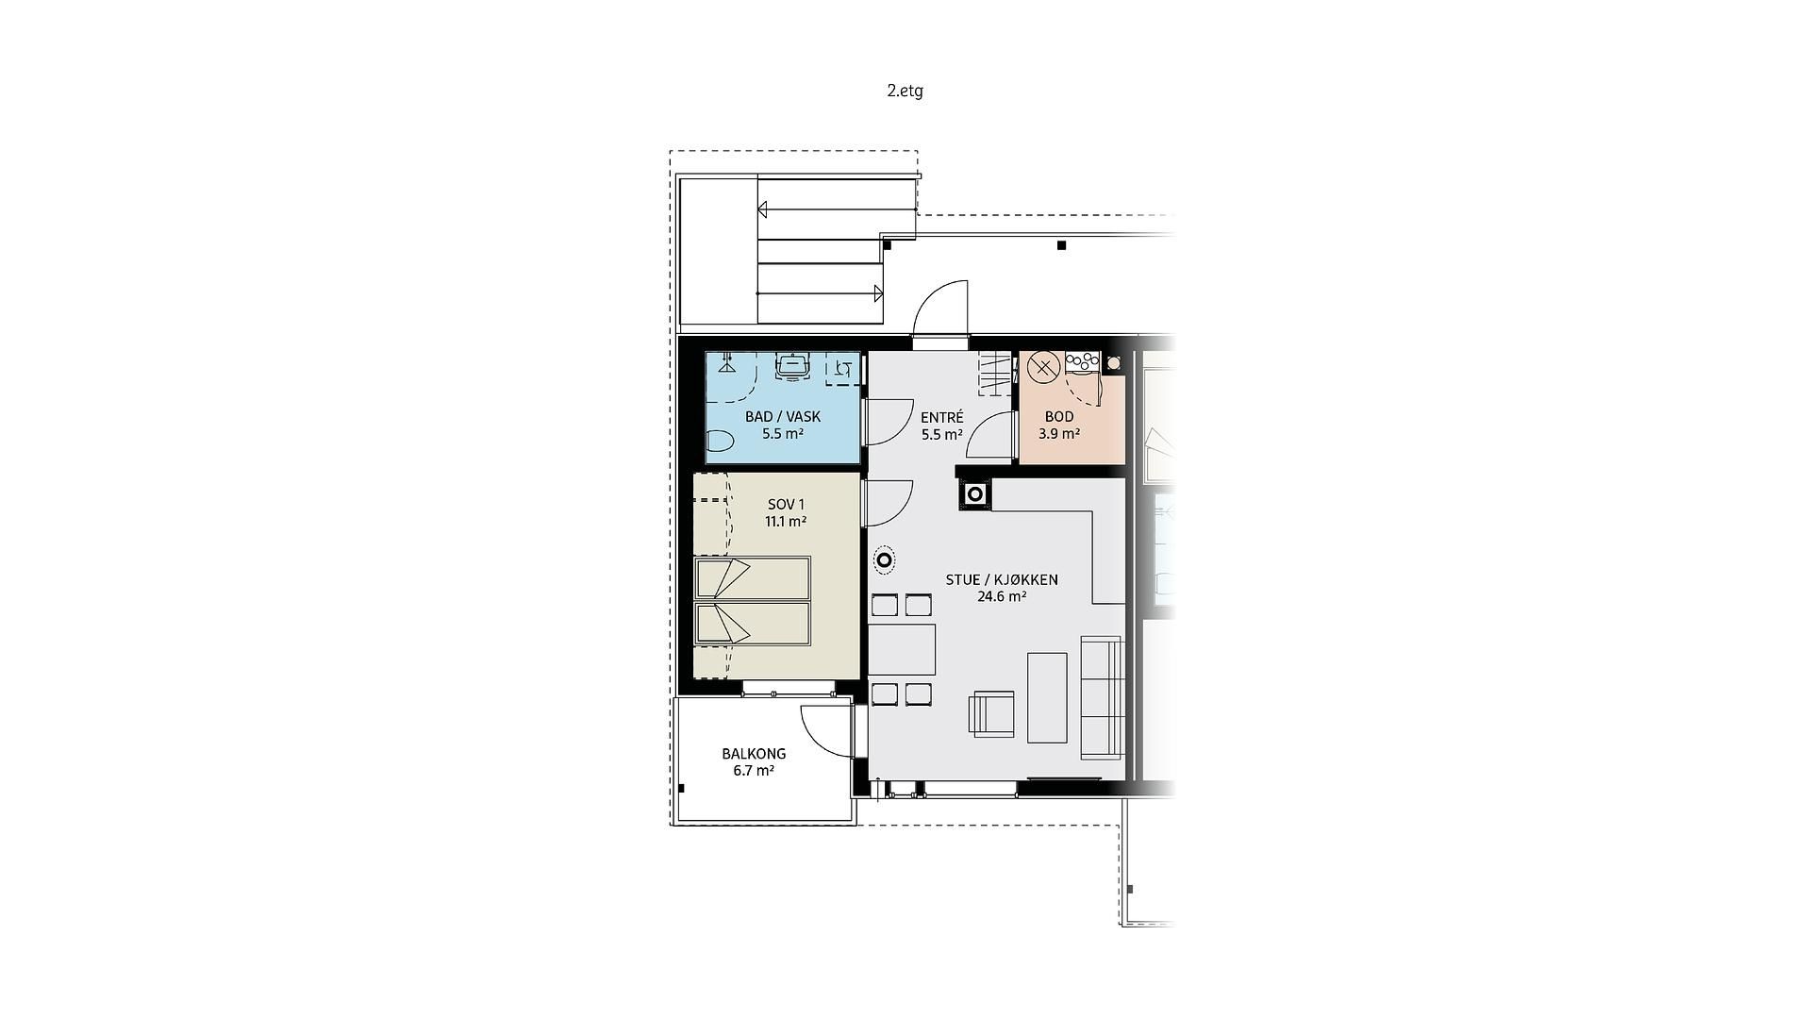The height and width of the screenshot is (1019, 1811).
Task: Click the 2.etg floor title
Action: (x=905, y=91)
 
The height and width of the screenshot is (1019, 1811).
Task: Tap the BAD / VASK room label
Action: (x=783, y=416)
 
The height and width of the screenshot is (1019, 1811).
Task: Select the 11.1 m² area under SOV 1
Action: (x=785, y=522)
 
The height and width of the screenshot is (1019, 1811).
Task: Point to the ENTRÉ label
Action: (x=941, y=417)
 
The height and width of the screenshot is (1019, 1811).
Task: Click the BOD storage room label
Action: (x=1059, y=416)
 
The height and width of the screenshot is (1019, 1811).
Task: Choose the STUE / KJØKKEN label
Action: (x=1002, y=579)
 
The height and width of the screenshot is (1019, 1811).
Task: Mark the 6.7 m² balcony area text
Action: (x=754, y=771)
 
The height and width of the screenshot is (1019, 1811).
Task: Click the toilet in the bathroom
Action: (x=721, y=441)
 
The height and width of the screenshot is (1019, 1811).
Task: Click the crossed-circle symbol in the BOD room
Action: (x=1042, y=367)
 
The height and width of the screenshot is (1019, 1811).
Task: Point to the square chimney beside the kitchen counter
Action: (x=975, y=493)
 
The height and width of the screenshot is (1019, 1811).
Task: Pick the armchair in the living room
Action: (x=992, y=713)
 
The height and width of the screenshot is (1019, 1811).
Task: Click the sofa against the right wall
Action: (x=1102, y=698)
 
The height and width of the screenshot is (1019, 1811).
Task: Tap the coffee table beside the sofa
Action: (x=1047, y=697)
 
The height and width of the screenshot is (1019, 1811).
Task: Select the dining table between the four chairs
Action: (x=902, y=649)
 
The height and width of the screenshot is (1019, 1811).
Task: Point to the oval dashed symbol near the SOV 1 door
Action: (x=884, y=561)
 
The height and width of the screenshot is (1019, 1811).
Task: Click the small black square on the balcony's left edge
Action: (x=681, y=788)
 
